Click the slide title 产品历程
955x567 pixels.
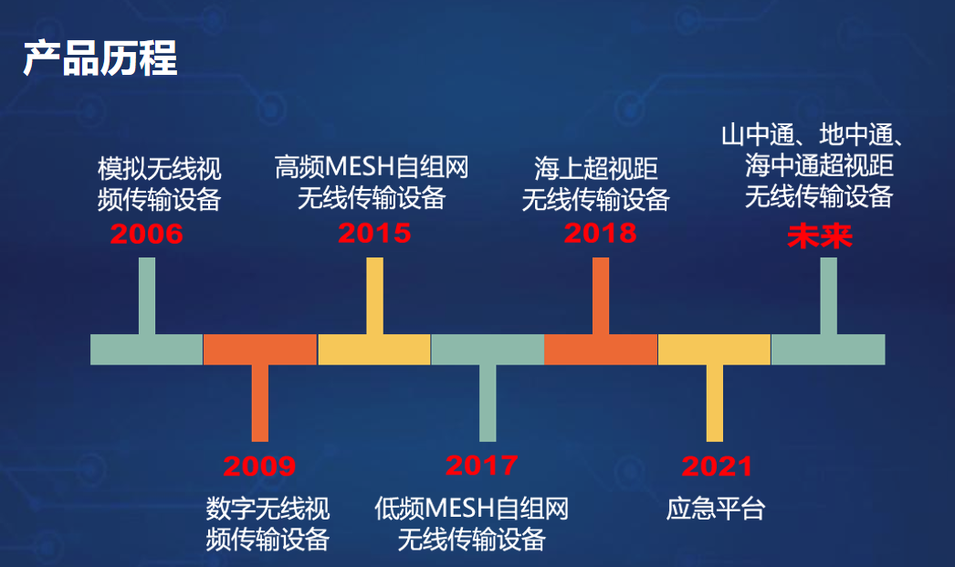pyautogui.click(x=100, y=58)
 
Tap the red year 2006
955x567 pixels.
pyautogui.click(x=147, y=235)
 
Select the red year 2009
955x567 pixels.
pyautogui.click(x=260, y=467)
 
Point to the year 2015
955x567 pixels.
pyautogui.click(x=374, y=233)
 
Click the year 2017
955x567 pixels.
pyautogui.click(x=482, y=466)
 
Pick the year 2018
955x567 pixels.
pyautogui.click(x=600, y=233)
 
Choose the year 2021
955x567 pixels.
pyautogui.click(x=717, y=467)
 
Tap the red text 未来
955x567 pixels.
pyautogui.click(x=820, y=237)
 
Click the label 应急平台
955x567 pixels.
pyautogui.click(x=716, y=509)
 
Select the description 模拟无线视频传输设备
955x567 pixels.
pyautogui.click(x=160, y=184)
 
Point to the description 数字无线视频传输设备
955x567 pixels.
pyautogui.click(x=268, y=523)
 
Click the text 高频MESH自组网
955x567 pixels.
pyautogui.click(x=372, y=167)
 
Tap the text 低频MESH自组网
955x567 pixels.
pyautogui.click(x=472, y=509)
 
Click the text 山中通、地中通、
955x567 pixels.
pyautogui.click(x=813, y=137)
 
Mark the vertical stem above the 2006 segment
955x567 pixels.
pyautogui.click(x=147, y=296)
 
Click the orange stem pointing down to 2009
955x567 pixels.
pyautogui.click(x=260, y=403)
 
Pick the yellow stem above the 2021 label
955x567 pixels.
pyautogui.click(x=715, y=403)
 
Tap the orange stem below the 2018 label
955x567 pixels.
pyautogui.click(x=600, y=296)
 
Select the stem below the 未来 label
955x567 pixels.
pyautogui.click(x=828, y=296)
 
